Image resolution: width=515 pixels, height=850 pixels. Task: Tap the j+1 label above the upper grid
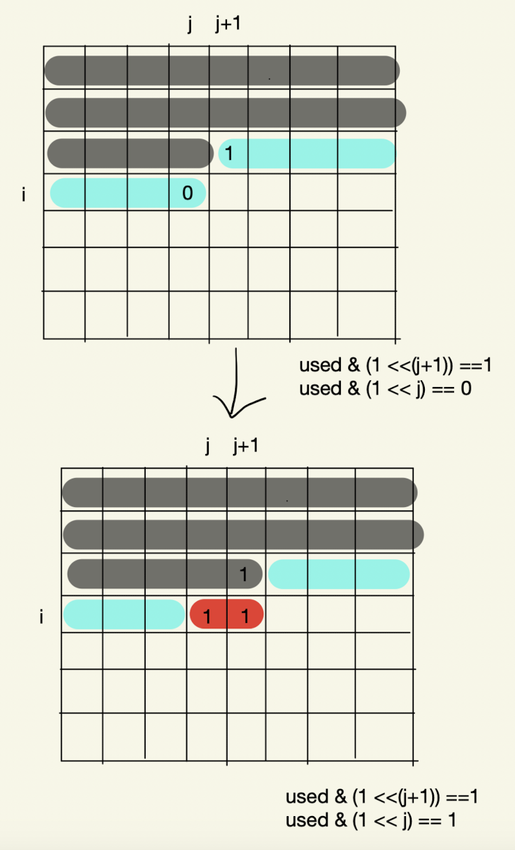(228, 24)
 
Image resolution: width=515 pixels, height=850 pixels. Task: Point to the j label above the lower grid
(207, 446)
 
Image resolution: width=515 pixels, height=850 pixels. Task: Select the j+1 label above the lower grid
(246, 446)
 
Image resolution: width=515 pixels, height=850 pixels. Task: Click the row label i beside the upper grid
(24, 195)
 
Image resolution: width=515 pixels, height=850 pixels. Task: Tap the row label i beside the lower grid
(41, 617)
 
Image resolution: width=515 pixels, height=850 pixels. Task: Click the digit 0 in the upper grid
(187, 193)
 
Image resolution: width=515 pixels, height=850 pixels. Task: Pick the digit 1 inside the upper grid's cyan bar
(228, 153)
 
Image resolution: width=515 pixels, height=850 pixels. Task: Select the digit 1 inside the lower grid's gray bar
(243, 575)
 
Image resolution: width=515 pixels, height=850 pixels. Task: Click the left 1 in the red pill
(207, 617)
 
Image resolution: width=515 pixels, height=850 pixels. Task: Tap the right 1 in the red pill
(245, 616)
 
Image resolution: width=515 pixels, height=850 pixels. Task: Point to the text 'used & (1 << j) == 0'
(386, 389)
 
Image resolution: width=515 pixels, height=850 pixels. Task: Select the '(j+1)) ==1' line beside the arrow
(395, 365)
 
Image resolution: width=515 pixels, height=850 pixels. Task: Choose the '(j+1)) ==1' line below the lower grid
(382, 797)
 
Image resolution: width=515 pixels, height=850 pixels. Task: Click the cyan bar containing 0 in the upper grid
(128, 193)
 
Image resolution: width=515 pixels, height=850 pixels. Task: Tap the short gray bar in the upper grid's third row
(130, 153)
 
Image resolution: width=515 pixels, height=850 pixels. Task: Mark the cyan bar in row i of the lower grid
(124, 614)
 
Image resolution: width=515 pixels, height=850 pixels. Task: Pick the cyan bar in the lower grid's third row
(339, 574)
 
